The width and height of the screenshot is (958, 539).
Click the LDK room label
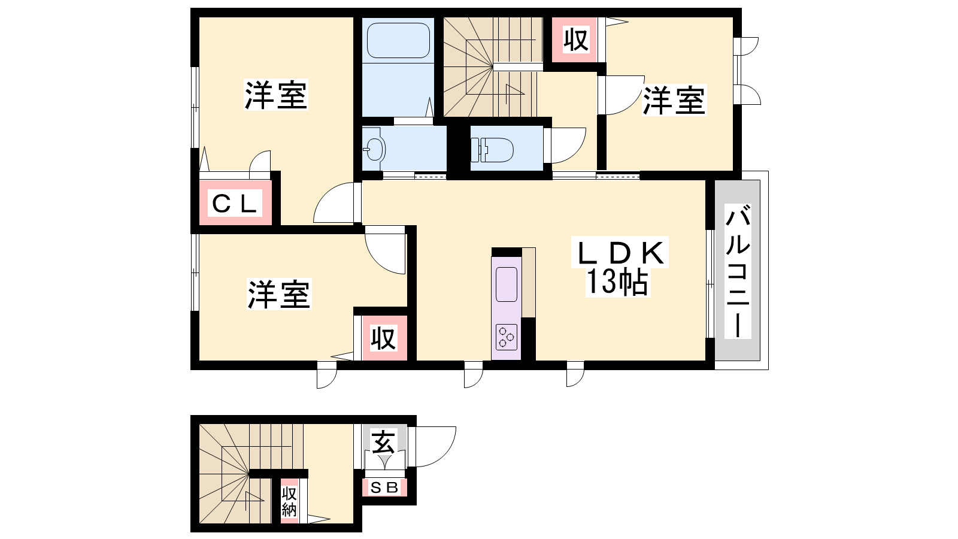tap(619, 253)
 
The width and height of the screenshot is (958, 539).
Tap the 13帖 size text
tap(617, 282)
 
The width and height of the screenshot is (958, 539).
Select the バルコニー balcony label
tap(738, 271)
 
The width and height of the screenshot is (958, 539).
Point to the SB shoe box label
tap(384, 487)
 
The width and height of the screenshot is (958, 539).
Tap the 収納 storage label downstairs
tap(289, 502)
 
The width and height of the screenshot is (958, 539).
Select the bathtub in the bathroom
tap(398, 40)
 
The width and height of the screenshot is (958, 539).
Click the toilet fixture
tap(492, 150)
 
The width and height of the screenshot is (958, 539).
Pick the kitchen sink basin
tap(507, 284)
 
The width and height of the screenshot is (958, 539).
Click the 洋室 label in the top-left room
tap(276, 95)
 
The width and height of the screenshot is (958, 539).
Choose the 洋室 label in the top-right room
tap(674, 101)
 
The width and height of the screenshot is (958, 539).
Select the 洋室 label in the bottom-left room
tap(279, 294)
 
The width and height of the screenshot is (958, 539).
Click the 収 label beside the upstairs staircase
tap(575, 40)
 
